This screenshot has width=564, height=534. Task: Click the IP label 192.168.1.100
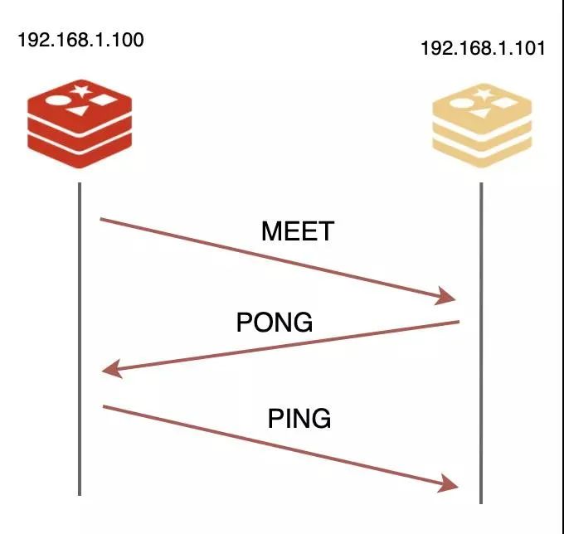click(80, 40)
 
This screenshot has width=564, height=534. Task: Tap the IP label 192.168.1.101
click(483, 48)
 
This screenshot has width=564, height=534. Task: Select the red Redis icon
click(80, 124)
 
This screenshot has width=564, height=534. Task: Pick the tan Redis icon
click(482, 125)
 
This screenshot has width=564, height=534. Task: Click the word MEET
click(298, 231)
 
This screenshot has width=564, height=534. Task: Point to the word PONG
click(275, 322)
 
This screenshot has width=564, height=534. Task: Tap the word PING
click(299, 418)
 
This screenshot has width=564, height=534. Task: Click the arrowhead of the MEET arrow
click(446, 296)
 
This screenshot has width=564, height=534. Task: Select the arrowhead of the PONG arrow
click(112, 369)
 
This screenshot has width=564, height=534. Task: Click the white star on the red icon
click(81, 90)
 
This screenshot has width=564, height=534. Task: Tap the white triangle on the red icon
click(79, 110)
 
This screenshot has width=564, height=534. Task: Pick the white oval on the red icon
click(56, 101)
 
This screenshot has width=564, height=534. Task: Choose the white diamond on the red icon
click(103, 100)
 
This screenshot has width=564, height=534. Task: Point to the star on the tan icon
click(483, 95)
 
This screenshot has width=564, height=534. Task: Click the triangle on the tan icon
click(481, 114)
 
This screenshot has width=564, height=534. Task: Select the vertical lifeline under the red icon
click(80, 339)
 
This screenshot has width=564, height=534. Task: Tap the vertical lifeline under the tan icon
click(481, 343)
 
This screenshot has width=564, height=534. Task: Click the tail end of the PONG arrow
click(459, 322)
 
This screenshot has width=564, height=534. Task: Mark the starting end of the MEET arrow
click(100, 219)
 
